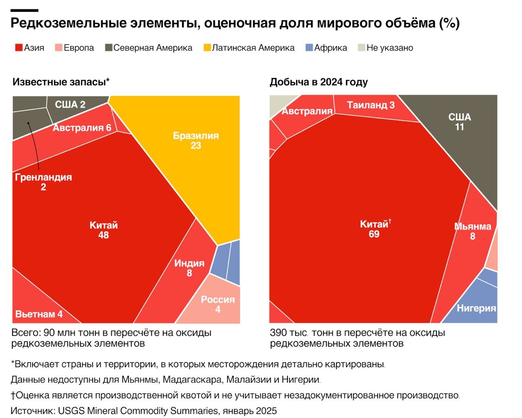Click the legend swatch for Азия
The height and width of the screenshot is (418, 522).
pyautogui.click(x=19, y=48)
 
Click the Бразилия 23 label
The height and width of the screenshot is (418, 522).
pyautogui.click(x=196, y=140)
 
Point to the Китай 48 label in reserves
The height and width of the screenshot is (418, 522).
pyautogui.click(x=104, y=230)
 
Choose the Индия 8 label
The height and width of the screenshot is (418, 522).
pyautogui.click(x=189, y=268)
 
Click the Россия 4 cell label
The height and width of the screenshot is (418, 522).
pyautogui.click(x=218, y=304)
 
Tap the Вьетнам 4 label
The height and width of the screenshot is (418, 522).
pyautogui.click(x=39, y=314)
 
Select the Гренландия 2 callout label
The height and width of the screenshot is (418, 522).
pyautogui.click(x=43, y=182)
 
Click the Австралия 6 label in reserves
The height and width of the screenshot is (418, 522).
pyautogui.click(x=82, y=128)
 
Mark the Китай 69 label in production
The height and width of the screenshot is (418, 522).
pyautogui.click(x=374, y=229)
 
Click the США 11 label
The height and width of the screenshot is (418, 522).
pyautogui.click(x=460, y=122)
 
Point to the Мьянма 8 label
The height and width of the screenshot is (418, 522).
pyautogui.click(x=473, y=231)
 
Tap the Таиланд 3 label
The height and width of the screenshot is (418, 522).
pyautogui.click(x=371, y=105)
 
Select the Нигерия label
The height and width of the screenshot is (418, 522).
pyautogui.click(x=476, y=308)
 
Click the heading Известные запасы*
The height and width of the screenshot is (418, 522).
pyautogui.click(x=61, y=82)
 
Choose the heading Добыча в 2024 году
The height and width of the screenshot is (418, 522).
pyautogui.click(x=319, y=82)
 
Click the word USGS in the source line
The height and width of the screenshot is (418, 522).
pyautogui.click(x=71, y=411)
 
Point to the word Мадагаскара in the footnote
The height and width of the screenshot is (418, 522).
pyautogui.click(x=192, y=380)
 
